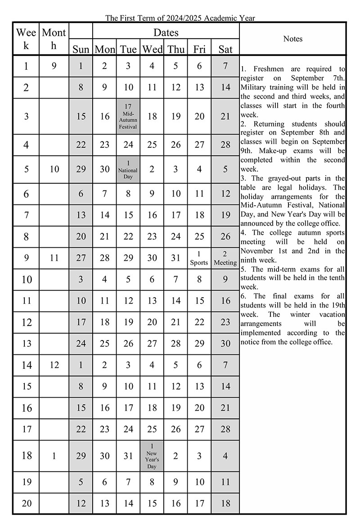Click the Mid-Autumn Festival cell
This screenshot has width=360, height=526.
tap(128, 116)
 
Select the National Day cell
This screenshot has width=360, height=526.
tap(128, 170)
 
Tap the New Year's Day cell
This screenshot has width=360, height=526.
tap(152, 456)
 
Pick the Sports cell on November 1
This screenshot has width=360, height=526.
tap(199, 258)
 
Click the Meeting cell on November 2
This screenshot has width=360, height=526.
tap(225, 258)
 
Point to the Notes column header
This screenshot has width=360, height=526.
tap(293, 39)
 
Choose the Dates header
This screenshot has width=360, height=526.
tap(166, 32)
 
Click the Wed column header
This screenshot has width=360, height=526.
tap(152, 49)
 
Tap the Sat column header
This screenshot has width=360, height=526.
tap(225, 49)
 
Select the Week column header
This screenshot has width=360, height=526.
tap(26, 39)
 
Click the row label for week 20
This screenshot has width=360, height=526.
tap(27, 503)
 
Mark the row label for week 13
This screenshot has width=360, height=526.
tap(27, 344)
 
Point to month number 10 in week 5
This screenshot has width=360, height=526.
tap(54, 170)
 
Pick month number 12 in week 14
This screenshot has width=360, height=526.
tap(54, 365)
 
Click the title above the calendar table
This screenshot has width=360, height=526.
tap(180, 18)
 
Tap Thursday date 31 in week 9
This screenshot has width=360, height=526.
tap(175, 258)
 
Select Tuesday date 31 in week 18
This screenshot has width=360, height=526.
tap(128, 456)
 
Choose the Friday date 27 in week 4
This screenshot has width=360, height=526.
tap(199, 145)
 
